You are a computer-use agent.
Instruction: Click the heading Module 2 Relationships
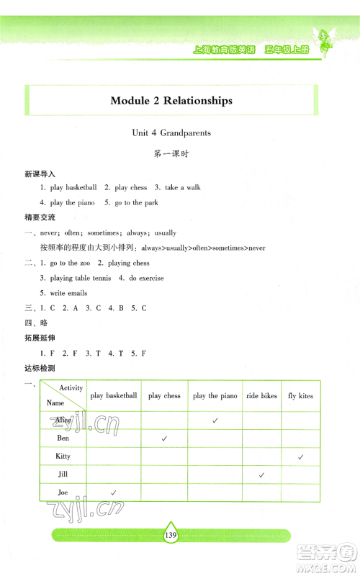(171, 101)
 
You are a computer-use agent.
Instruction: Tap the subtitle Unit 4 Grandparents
(171, 132)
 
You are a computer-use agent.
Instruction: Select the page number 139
(170, 535)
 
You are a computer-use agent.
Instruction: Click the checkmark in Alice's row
(215, 420)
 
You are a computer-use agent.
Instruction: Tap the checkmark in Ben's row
(165, 438)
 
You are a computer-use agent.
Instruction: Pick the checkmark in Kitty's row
(301, 456)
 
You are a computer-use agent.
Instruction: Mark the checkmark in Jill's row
(262, 474)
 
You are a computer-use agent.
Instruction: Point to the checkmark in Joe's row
(113, 492)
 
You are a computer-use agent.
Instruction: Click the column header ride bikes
(261, 396)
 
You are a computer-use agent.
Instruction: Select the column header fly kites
(301, 396)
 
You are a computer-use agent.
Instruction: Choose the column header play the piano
(215, 396)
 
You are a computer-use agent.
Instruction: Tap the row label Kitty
(63, 456)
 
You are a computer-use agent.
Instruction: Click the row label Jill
(63, 474)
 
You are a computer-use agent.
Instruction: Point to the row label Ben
(63, 438)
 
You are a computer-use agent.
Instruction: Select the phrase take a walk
(182, 187)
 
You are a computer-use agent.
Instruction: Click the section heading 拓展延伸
(39, 338)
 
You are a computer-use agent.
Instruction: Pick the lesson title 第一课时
(171, 154)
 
